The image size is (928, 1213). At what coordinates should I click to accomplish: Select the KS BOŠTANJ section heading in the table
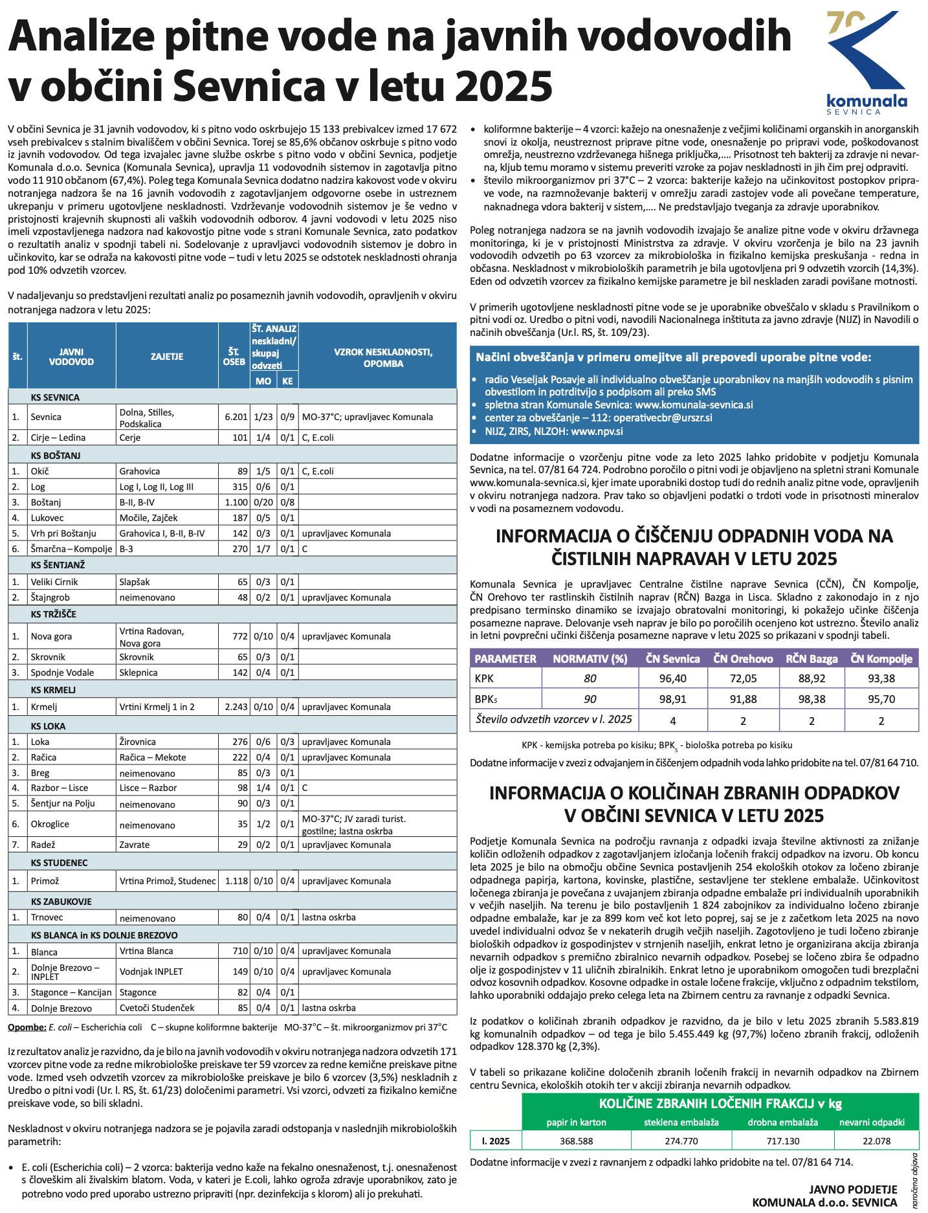pos(55,455)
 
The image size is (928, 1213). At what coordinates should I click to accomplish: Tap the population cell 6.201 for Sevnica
pos(236,417)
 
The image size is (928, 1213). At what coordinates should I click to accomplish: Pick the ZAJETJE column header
pos(167,357)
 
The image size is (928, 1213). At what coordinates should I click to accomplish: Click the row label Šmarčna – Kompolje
pos(71,549)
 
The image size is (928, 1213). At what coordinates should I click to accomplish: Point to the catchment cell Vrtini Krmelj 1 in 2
pos(157,707)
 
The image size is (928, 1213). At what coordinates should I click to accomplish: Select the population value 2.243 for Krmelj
pos(236,707)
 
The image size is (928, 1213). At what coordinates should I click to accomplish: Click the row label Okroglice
pos(50,824)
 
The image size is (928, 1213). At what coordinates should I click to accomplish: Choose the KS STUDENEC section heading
pos(59,863)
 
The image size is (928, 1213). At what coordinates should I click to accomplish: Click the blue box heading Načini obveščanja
pos(673,357)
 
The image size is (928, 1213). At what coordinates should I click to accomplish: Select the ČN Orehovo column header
pos(743,659)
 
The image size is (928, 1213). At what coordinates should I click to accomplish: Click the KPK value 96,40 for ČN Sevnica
pos(672,678)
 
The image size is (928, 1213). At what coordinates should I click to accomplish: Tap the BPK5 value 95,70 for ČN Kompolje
pos(881,699)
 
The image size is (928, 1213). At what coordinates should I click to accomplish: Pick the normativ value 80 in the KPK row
pos(590,678)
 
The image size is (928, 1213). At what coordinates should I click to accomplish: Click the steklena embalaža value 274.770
pos(681,1141)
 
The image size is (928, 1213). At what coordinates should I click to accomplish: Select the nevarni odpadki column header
pos(872,1122)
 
